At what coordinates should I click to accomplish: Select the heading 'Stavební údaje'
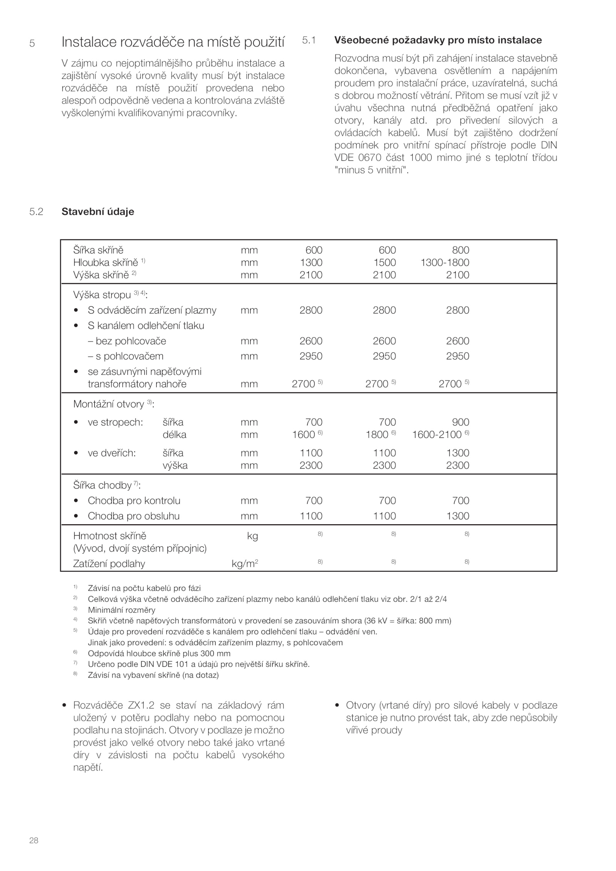98,212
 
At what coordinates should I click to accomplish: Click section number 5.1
309,40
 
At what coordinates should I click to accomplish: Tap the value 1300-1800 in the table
445,263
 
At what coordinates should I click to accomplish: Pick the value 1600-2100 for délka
437,435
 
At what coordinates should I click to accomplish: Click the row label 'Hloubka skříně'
105,263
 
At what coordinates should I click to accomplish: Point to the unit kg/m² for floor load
244,564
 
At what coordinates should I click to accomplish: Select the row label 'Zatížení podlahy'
109,564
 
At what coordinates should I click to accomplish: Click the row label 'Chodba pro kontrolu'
134,501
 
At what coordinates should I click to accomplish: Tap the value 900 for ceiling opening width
460,422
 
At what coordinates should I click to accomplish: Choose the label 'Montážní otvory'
109,404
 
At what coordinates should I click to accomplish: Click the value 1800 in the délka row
377,435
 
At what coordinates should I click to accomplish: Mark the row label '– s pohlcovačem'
126,356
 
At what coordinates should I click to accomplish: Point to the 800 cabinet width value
460,250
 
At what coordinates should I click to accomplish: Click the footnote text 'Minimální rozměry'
122,610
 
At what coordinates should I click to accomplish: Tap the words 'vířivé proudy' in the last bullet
374,730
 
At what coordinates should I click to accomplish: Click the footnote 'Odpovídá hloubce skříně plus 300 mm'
159,653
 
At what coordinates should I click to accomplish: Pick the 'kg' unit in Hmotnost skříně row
252,536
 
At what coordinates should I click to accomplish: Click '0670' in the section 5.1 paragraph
368,158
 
